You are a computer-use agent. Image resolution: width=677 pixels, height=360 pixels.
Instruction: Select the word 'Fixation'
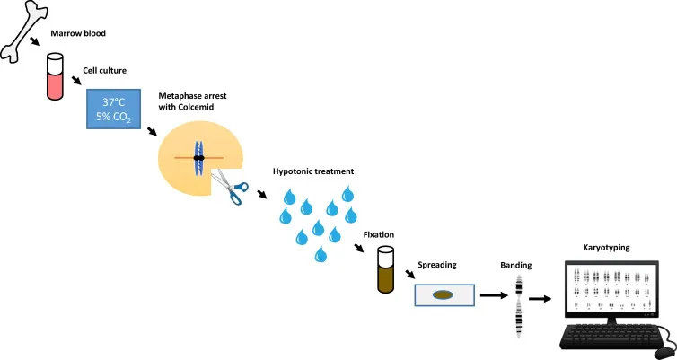click(378, 234)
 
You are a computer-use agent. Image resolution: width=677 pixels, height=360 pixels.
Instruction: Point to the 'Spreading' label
click(439, 267)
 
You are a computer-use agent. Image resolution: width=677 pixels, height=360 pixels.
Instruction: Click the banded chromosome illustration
click(518, 306)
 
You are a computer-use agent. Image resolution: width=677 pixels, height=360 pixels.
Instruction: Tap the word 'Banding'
click(516, 266)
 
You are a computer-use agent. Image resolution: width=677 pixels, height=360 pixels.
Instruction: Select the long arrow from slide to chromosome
click(491, 294)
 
